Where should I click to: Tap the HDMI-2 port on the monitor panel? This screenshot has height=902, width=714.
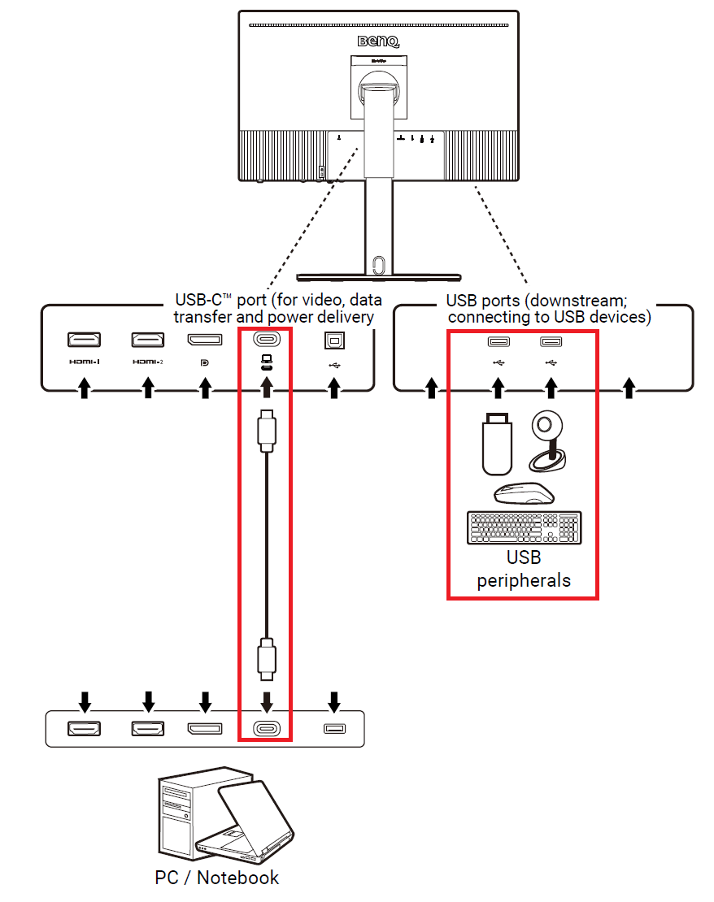pyautogui.click(x=147, y=340)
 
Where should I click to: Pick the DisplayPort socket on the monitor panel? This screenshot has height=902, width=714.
pyautogui.click(x=205, y=340)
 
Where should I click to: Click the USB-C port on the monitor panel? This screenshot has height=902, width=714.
pyautogui.click(x=265, y=340)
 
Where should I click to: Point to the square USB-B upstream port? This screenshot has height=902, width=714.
pyautogui.click(x=333, y=340)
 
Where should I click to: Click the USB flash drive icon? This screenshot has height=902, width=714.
pyautogui.click(x=497, y=444)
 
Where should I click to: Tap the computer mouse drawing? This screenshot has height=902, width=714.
pyautogui.click(x=524, y=493)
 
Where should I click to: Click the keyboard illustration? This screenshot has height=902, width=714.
pyautogui.click(x=525, y=528)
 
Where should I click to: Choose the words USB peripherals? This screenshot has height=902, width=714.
pyautogui.click(x=524, y=570)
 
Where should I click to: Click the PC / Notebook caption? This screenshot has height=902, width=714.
pyautogui.click(x=217, y=878)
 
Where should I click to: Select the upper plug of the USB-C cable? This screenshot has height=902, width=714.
pyautogui.click(x=265, y=431)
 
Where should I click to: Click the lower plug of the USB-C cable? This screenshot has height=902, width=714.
pyautogui.click(x=265, y=659)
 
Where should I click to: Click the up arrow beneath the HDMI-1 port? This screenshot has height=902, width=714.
pyautogui.click(x=82, y=391)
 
